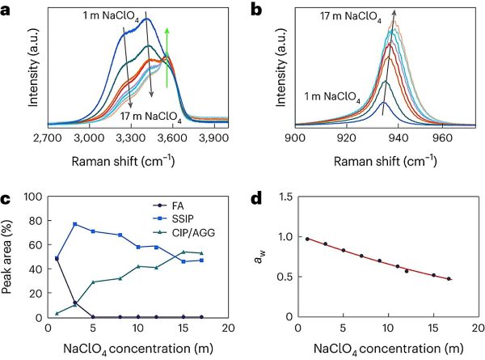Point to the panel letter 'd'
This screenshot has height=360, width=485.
[x=256, y=198]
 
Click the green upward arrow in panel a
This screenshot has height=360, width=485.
[x=167, y=57]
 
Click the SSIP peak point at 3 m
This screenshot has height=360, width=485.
[x=75, y=224]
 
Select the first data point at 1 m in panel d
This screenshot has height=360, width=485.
[x=308, y=239]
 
